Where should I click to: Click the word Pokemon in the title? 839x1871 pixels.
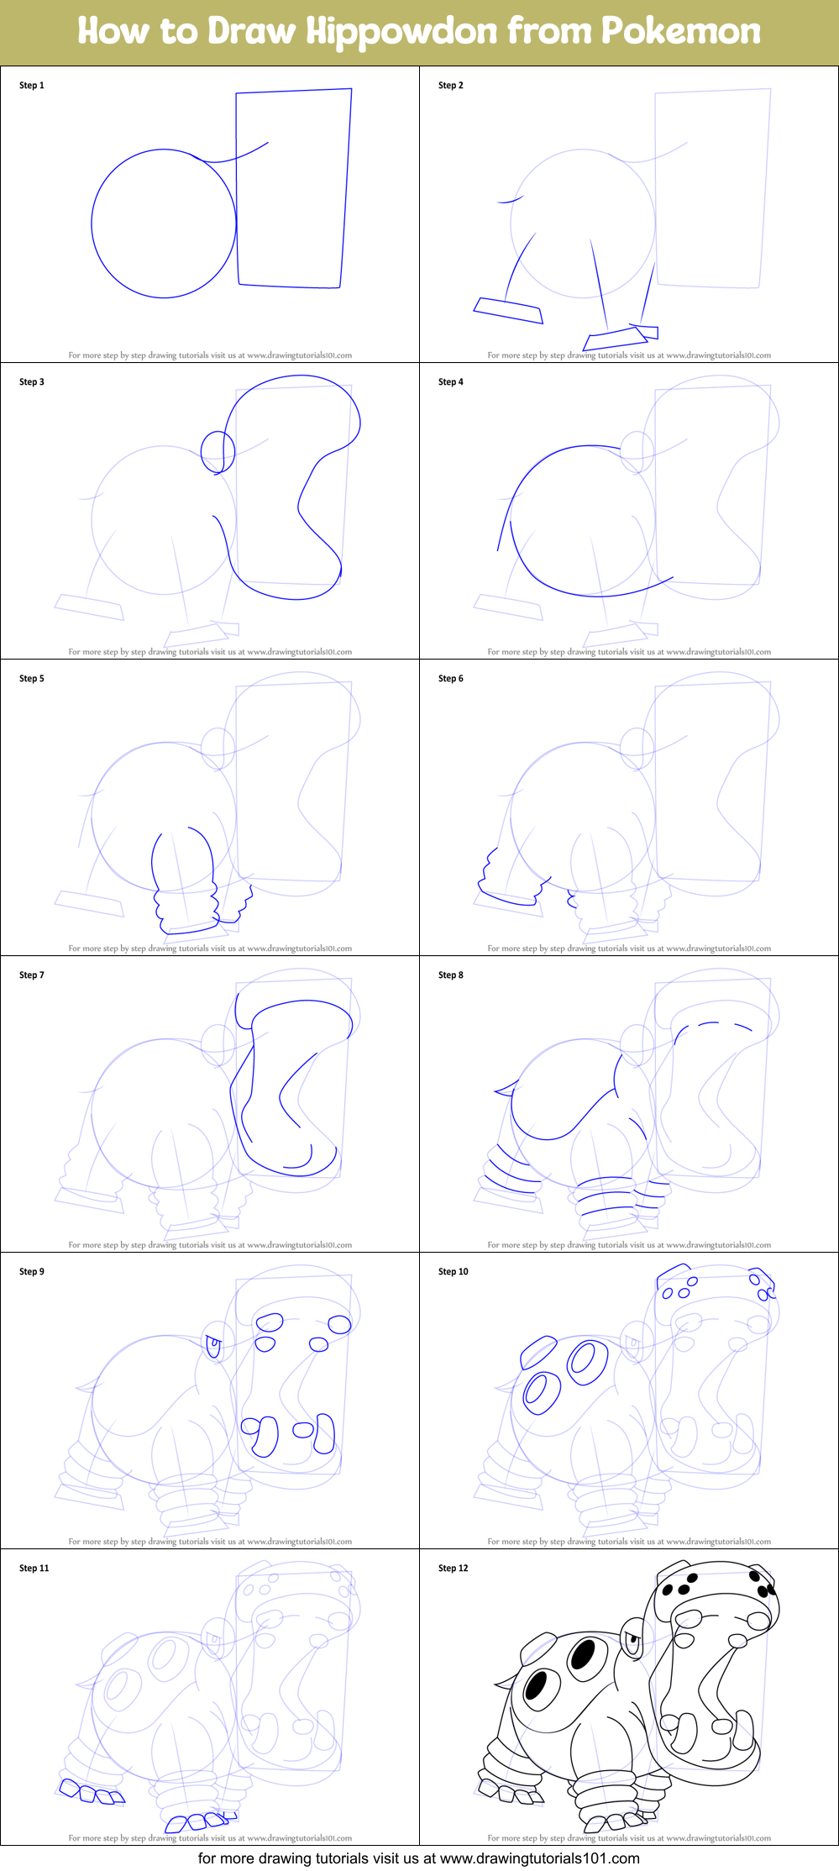680,31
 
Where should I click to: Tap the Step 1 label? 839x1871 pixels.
32,85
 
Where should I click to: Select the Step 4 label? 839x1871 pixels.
451,381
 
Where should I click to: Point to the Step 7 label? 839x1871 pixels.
32,975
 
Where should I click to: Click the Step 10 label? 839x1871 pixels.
454,1271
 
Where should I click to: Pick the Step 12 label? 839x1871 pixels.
454,1568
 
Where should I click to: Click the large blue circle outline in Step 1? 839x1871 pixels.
92,223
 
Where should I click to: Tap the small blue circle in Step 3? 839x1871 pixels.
218,451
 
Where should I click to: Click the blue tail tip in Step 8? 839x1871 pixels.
505,1091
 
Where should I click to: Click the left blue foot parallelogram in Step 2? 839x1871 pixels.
508,310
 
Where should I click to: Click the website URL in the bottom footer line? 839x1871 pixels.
539,1858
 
